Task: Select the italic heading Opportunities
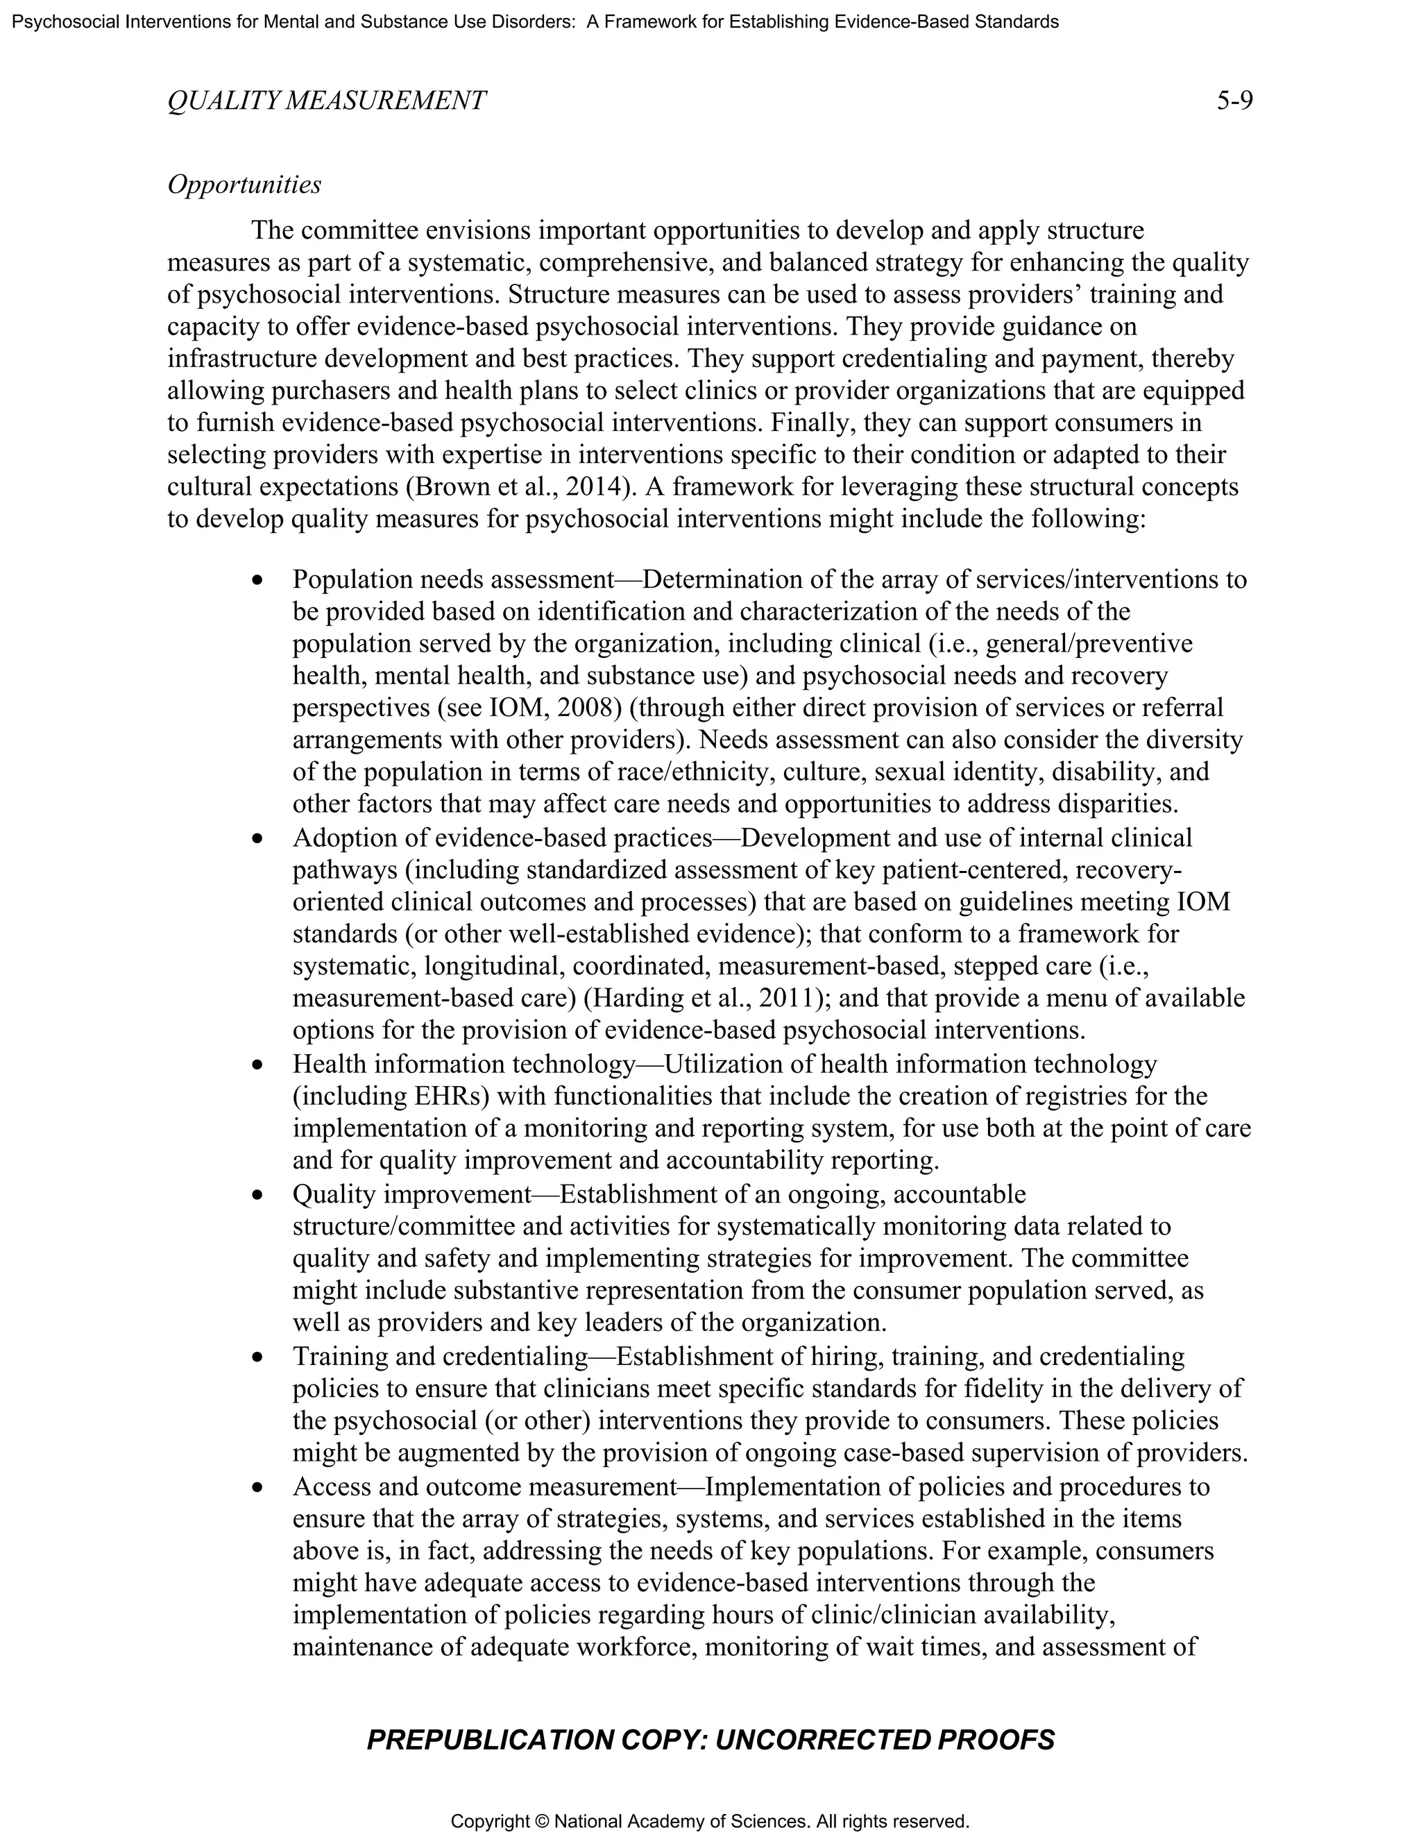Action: (244, 185)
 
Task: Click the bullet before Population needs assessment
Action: (258, 580)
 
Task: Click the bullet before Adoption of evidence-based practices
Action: (258, 839)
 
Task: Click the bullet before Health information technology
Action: (258, 1065)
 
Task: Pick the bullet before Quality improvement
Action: (258, 1195)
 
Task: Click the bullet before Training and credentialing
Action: (258, 1357)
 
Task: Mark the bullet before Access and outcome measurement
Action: (258, 1487)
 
